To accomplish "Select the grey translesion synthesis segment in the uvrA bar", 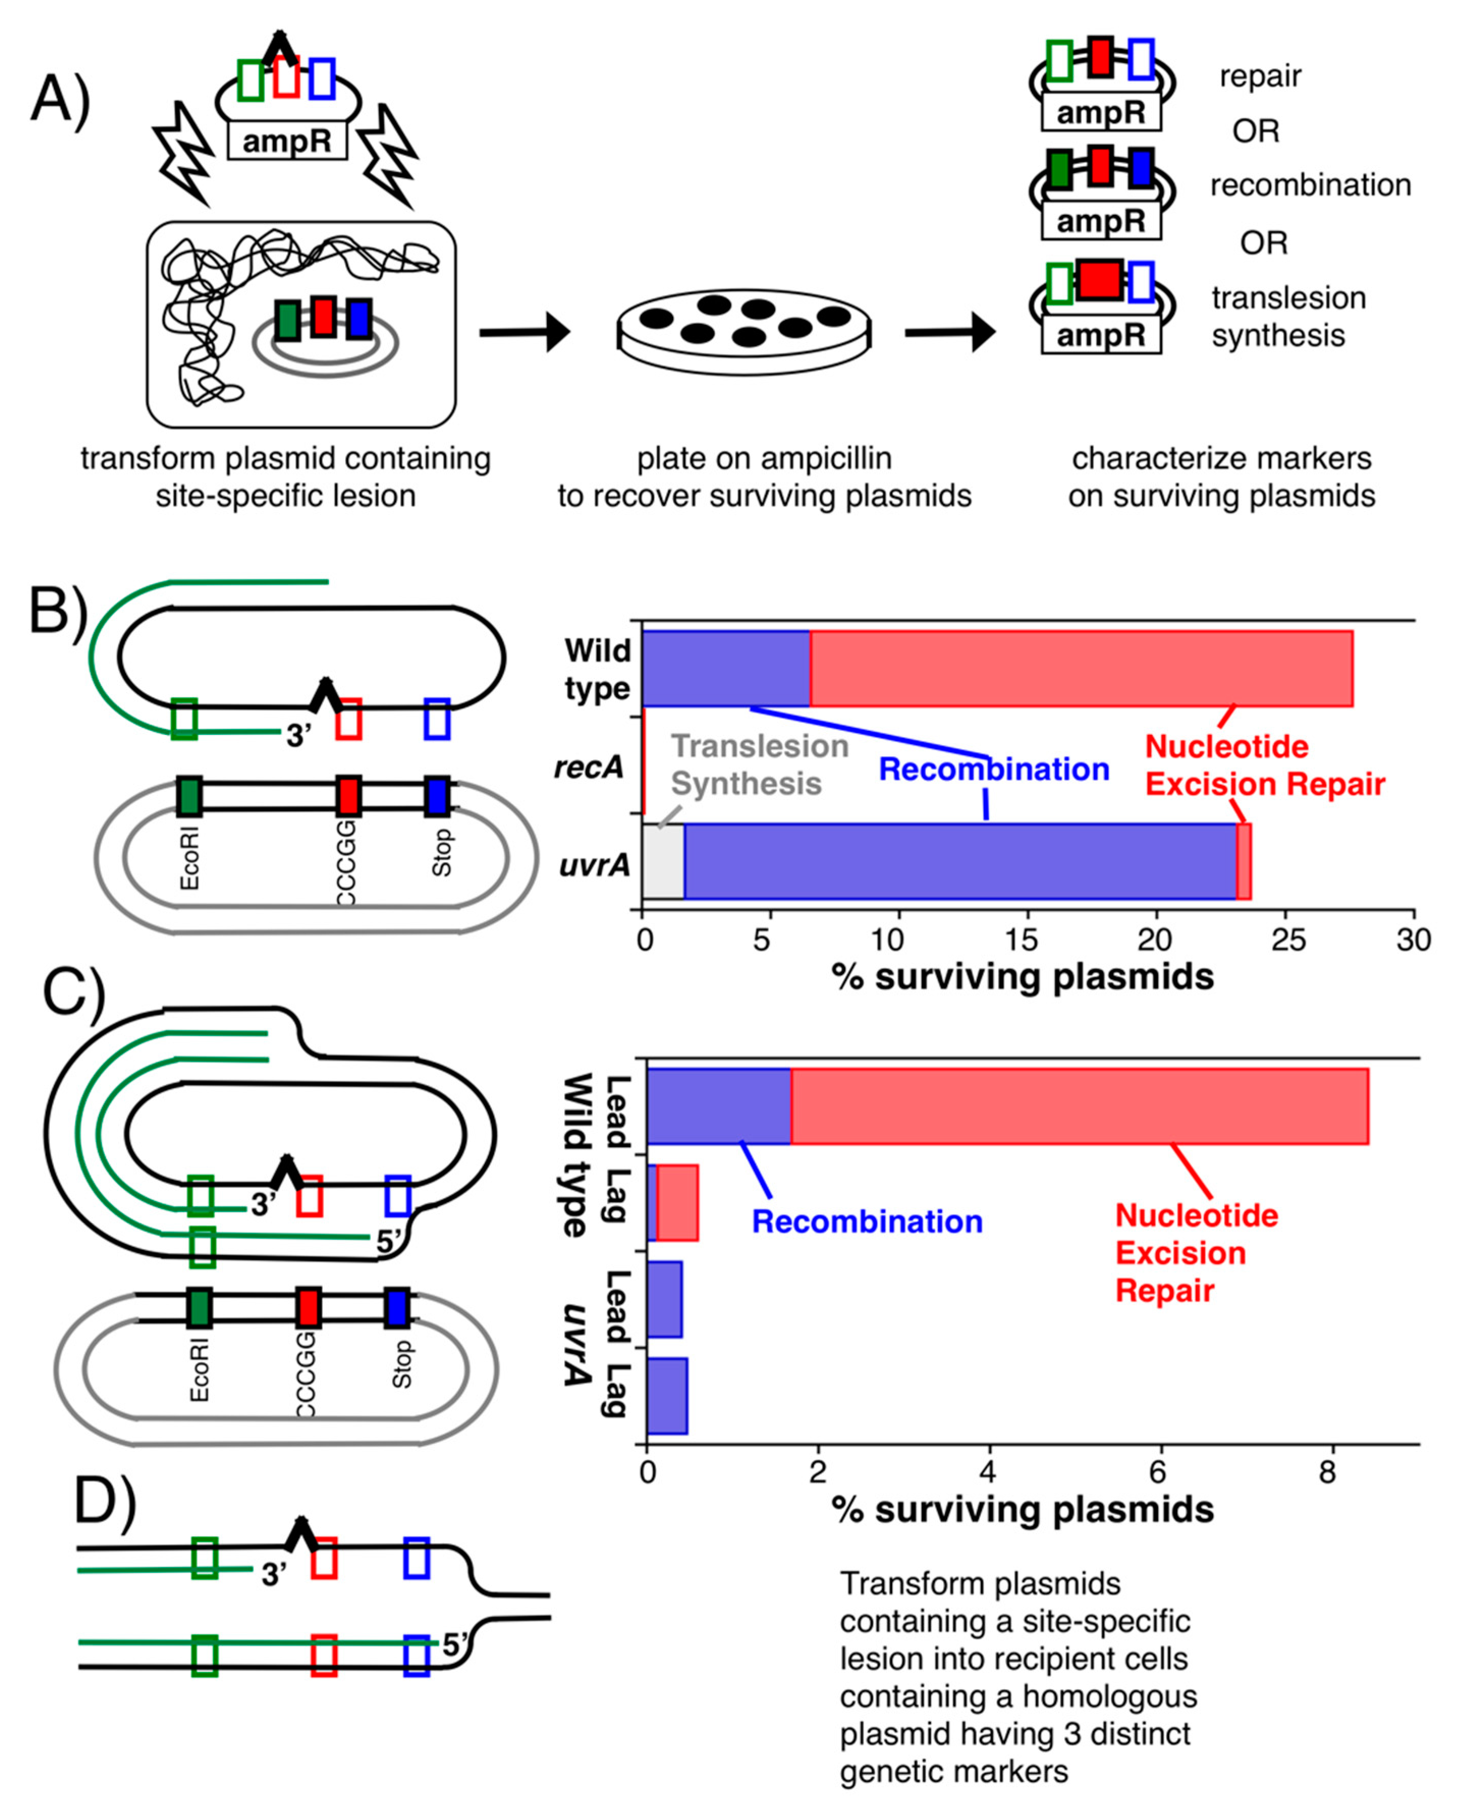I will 663,861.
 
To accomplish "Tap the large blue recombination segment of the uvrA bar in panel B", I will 959,861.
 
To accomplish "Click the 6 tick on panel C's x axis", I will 1159,1472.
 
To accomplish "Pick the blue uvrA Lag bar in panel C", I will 667,1395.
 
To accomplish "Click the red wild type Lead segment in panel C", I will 1079,1106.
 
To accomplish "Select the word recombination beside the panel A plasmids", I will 1310,185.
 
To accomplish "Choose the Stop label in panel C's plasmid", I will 402,1364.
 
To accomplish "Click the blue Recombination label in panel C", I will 866,1221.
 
